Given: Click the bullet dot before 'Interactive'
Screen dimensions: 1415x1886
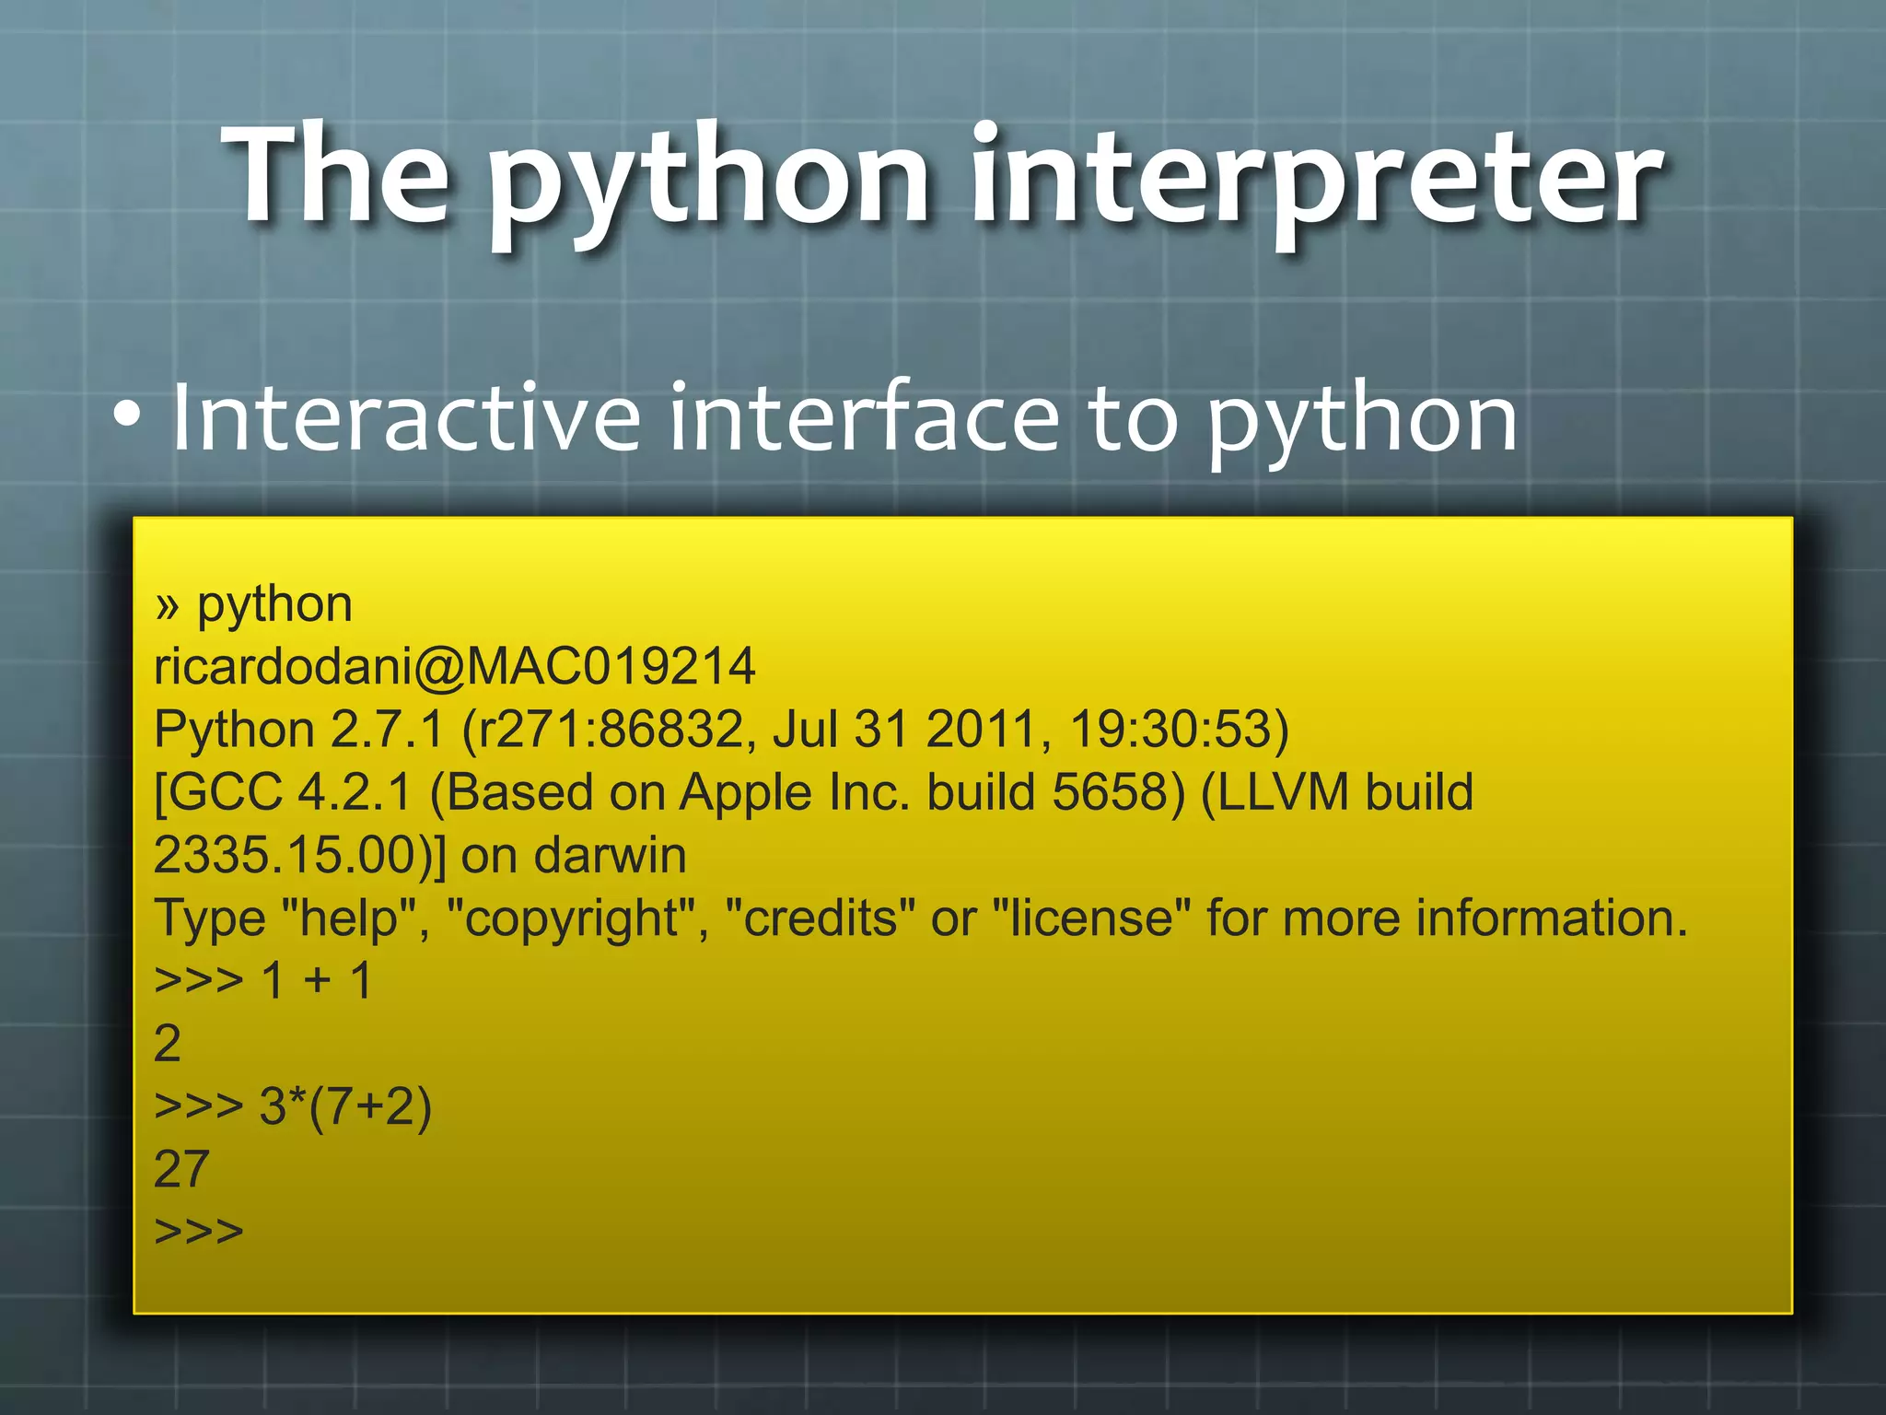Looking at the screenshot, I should pyautogui.click(x=128, y=417).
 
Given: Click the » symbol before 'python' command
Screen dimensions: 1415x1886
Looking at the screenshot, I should pyautogui.click(x=167, y=606).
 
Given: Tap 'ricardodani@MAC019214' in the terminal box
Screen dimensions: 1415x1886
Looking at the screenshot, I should pyautogui.click(x=454, y=666).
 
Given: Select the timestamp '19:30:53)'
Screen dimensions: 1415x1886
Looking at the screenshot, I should pyautogui.click(x=1179, y=729).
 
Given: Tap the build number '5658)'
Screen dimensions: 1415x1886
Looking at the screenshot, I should pyautogui.click(x=1118, y=792).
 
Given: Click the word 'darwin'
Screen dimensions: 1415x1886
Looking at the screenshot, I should pyautogui.click(x=610, y=855).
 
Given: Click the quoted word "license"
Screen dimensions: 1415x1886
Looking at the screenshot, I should pyautogui.click(x=1092, y=918).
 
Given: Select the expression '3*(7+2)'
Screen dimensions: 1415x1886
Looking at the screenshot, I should pyautogui.click(x=345, y=1106).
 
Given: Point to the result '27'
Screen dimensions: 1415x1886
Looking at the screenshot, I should pyautogui.click(x=181, y=1169).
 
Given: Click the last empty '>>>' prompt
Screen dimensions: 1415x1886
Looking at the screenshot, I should pyautogui.click(x=199, y=1232).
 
